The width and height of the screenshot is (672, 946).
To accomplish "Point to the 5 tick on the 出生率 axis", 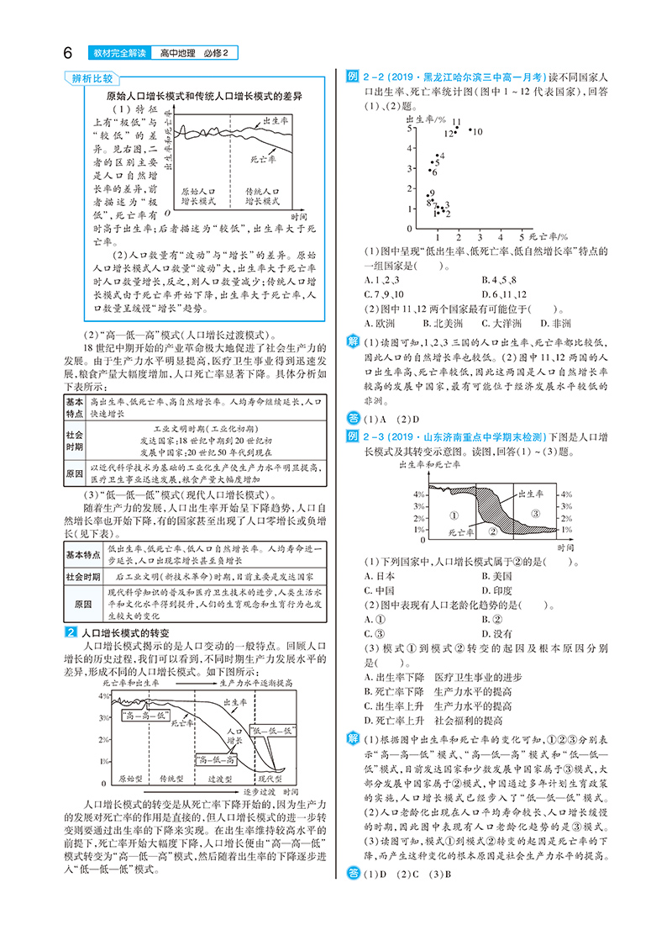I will (409, 129).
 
